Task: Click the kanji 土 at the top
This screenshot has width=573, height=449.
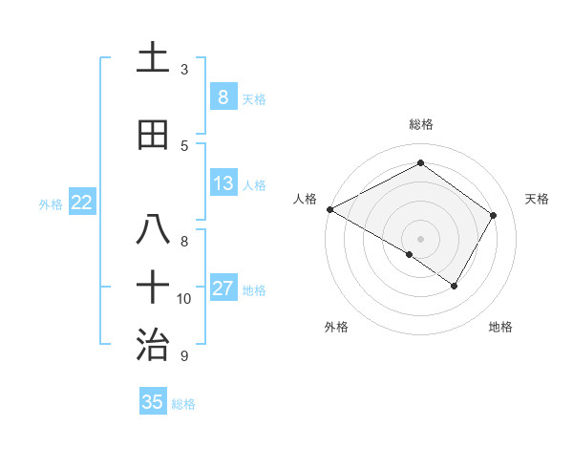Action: click(152, 59)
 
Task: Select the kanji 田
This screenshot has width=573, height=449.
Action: click(152, 135)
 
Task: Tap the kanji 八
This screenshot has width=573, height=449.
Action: click(152, 229)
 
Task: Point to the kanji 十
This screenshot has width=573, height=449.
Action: click(152, 287)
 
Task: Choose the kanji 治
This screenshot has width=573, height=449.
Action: click(152, 343)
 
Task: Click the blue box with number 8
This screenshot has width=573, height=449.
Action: click(223, 96)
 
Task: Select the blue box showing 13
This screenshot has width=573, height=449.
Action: click(223, 183)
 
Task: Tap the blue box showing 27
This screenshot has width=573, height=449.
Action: click(223, 289)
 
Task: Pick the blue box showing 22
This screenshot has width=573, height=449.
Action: click(82, 202)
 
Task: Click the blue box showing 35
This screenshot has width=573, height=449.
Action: click(152, 401)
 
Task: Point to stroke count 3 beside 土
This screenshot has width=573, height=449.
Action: click(184, 70)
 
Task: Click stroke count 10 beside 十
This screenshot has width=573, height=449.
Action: click(184, 299)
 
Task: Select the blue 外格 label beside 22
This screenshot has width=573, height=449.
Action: click(51, 203)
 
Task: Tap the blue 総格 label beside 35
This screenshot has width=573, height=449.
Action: click(183, 404)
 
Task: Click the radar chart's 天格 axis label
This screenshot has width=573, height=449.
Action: click(538, 199)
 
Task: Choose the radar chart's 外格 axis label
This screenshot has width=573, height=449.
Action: click(336, 327)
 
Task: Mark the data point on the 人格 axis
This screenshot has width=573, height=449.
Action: click(329, 209)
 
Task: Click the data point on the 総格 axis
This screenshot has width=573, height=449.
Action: click(420, 163)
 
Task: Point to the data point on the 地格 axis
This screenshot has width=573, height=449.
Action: click(455, 286)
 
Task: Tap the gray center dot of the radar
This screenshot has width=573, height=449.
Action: click(420, 238)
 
